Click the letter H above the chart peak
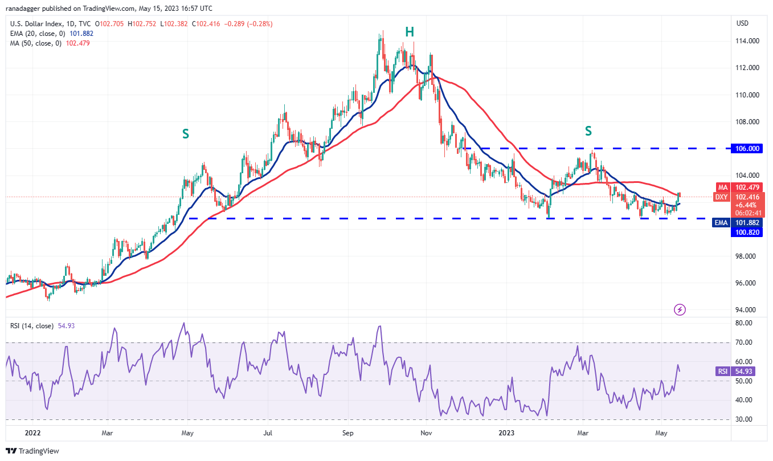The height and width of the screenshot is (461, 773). click(409, 32)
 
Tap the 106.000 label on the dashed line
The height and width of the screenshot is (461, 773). click(746, 148)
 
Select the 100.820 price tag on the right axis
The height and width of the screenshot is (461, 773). click(746, 232)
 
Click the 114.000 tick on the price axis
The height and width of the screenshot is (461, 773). click(746, 41)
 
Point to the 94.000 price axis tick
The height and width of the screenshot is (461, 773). click(746, 310)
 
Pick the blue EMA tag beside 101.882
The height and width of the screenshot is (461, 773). click(721, 222)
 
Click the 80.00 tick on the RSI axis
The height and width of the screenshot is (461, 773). click(744, 323)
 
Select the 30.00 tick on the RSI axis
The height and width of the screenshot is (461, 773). click(744, 419)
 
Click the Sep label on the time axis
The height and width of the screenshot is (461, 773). click(349, 433)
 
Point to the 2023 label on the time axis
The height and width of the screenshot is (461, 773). click(506, 433)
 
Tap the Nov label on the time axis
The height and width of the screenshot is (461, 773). click(426, 433)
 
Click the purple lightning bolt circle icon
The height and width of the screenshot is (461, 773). click(680, 309)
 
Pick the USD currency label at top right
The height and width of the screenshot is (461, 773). click(742, 23)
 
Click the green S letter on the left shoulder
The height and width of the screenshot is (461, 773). click(185, 134)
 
